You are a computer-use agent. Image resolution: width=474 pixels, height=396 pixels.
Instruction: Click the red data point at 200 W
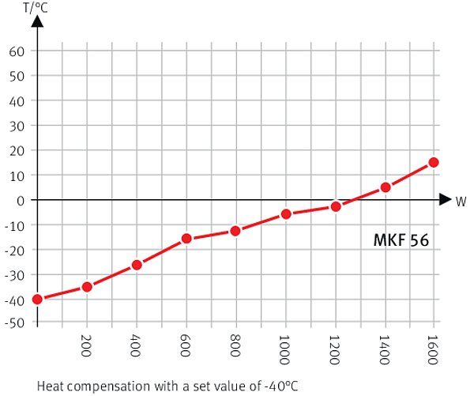pyautogui.click(x=87, y=287)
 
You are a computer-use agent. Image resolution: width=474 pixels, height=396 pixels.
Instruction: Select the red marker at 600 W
pyautogui.click(x=186, y=238)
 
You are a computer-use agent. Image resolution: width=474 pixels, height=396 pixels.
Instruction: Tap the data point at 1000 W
pyautogui.click(x=286, y=214)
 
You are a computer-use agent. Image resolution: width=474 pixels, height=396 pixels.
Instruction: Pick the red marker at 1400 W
pyautogui.click(x=386, y=187)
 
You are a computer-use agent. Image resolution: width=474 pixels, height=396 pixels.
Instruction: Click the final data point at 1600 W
pyautogui.click(x=434, y=162)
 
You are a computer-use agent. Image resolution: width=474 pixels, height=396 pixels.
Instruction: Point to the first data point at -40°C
pyautogui.click(x=37, y=299)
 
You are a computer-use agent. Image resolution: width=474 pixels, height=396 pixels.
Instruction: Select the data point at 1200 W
pyautogui.click(x=336, y=206)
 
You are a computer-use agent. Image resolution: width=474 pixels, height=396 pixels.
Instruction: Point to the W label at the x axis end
pyautogui.click(x=461, y=201)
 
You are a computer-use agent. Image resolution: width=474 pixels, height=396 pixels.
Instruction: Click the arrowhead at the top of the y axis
pyautogui.click(x=36, y=23)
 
